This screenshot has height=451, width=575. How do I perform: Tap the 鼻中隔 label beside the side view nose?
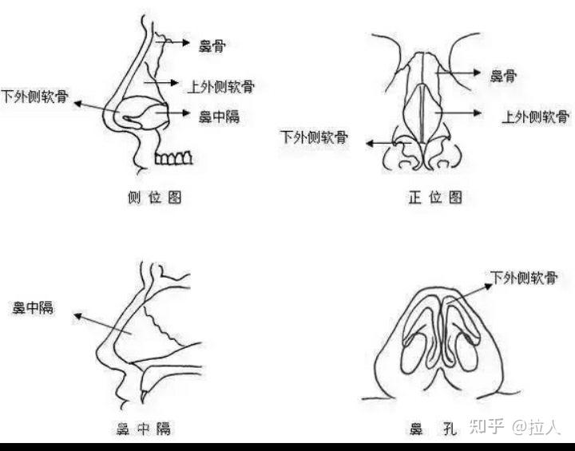pyautogui.click(x=217, y=116)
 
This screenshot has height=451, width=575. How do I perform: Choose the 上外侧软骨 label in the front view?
pyautogui.click(x=534, y=116)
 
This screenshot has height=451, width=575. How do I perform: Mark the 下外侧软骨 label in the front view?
pyautogui.click(x=313, y=136)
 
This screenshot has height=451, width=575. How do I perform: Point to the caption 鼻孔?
pyautogui.click(x=432, y=429)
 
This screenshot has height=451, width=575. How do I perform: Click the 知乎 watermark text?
pyautogui.click(x=486, y=427)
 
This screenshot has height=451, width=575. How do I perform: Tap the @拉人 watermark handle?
pyautogui.click(x=540, y=427)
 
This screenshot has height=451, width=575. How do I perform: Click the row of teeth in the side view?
pyautogui.click(x=172, y=158)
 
